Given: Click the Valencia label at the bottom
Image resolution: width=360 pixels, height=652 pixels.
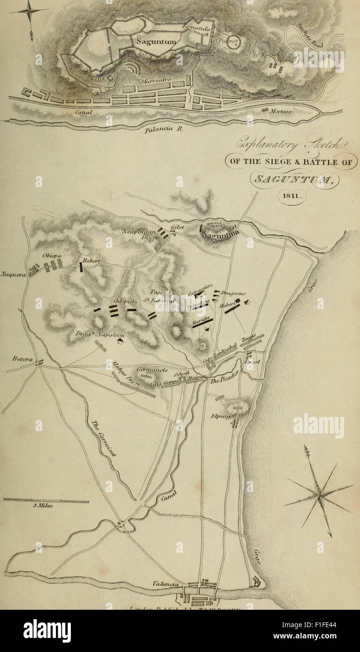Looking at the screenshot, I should tap(166, 584).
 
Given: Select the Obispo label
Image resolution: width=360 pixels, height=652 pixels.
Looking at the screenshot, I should tap(51, 256).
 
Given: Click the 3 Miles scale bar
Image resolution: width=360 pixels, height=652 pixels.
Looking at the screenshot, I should tap(46, 501).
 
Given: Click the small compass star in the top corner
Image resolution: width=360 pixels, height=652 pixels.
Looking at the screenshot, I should tap(30, 11).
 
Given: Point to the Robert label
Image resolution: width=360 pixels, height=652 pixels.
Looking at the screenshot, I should tap(92, 261).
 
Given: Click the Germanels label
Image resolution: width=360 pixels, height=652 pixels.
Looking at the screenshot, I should tap(152, 370).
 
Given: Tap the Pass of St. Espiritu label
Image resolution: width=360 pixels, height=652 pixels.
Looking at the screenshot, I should tap(162, 294).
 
